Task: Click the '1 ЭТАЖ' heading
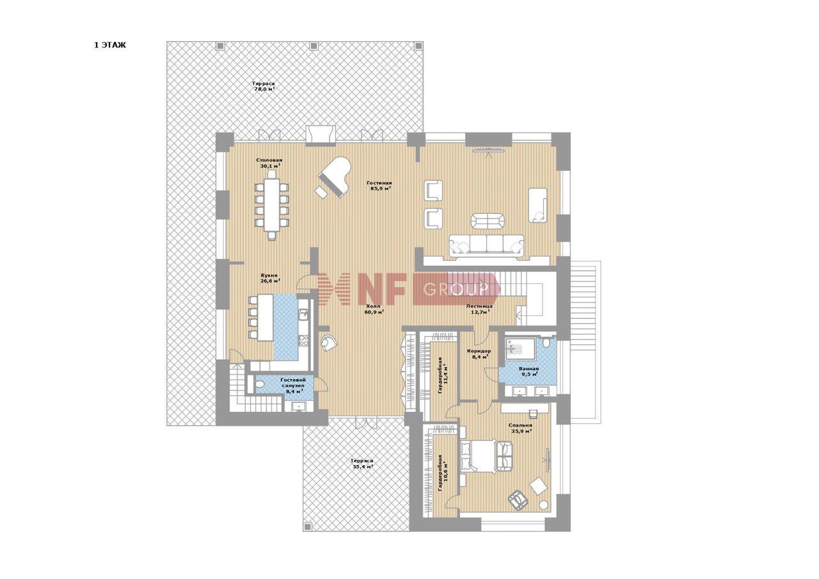coord(110,45)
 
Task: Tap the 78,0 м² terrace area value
coord(264,88)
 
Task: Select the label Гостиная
coord(379,183)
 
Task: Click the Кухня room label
coord(269,275)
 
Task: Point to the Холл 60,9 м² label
coord(373,309)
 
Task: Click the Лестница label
coord(479,306)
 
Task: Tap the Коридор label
coord(479,351)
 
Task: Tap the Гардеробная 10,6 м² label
coord(443,473)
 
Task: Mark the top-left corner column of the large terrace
coord(219,45)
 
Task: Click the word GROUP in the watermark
coord(456,289)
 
